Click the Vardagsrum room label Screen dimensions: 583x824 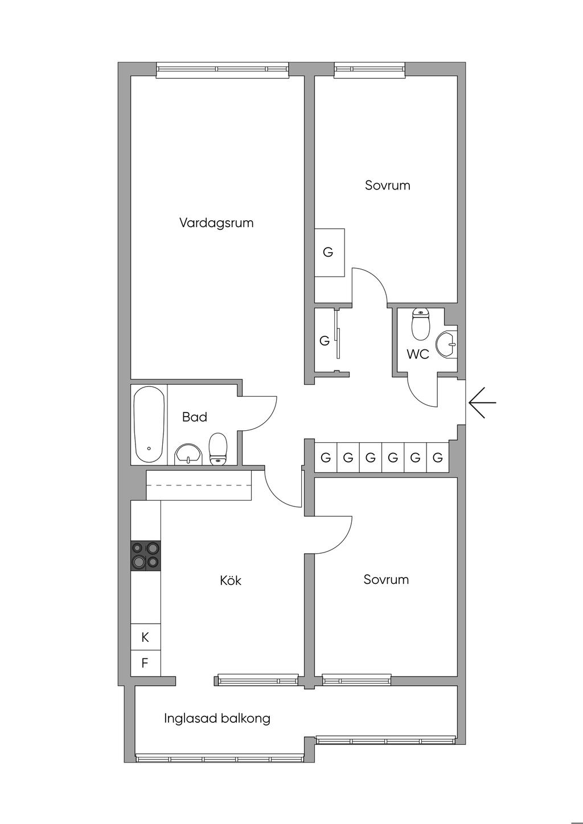pyautogui.click(x=216, y=223)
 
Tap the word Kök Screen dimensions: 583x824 pyautogui.click(x=231, y=580)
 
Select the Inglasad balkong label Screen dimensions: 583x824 pyautogui.click(x=217, y=718)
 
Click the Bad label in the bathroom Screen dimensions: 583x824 pyautogui.click(x=194, y=417)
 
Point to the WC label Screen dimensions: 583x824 pyautogui.click(x=418, y=355)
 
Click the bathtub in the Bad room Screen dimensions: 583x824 pyautogui.click(x=149, y=424)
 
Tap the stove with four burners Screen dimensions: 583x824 pyautogui.click(x=146, y=555)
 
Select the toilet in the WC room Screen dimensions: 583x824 pyautogui.click(x=420, y=324)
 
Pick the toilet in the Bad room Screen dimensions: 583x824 pyautogui.click(x=217, y=449)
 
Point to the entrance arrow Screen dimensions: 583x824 pyautogui.click(x=482, y=402)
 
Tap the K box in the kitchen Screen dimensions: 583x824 pyautogui.click(x=145, y=637)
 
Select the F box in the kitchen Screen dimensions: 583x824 pyautogui.click(x=145, y=663)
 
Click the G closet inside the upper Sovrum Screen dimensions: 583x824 pyautogui.click(x=330, y=252)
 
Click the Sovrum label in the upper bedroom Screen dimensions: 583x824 pyautogui.click(x=388, y=185)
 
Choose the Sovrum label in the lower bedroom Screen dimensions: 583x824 pyautogui.click(x=386, y=579)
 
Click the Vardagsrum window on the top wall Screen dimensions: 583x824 pyautogui.click(x=222, y=70)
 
